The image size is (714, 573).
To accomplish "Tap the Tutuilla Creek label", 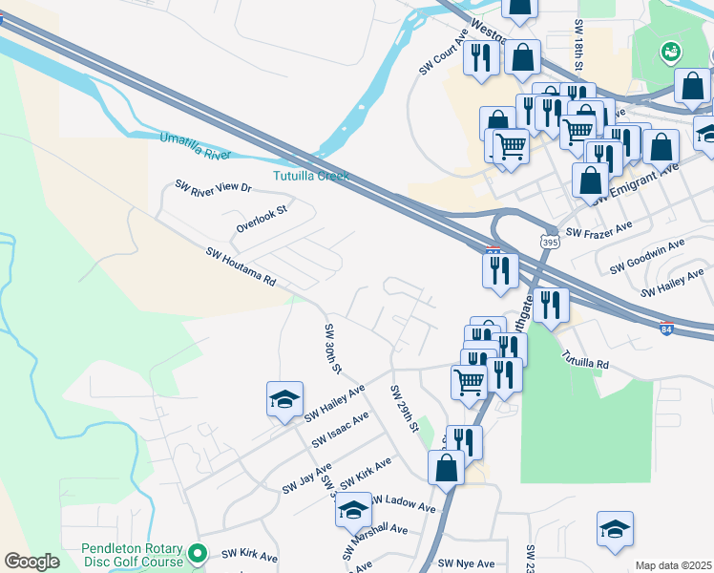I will pyautogui.click(x=311, y=176).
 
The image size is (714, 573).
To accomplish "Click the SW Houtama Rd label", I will pyautogui.click(x=241, y=267).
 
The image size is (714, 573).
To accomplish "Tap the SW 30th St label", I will pyautogui.click(x=333, y=349).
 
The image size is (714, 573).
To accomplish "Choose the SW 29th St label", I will pyautogui.click(x=405, y=408).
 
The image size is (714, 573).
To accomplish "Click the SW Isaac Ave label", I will pyautogui.click(x=341, y=430).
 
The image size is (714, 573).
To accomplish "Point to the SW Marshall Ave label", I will pyautogui.click(x=379, y=530).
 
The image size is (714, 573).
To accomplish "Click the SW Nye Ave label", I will pyautogui.click(x=467, y=563).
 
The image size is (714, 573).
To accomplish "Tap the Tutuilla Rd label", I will pyautogui.click(x=585, y=364).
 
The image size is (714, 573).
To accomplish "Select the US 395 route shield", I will pyautogui.click(x=549, y=244).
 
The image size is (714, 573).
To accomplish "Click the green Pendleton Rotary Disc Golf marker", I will pyautogui.click(x=198, y=552).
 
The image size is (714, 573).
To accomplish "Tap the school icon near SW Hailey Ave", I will pyautogui.click(x=284, y=400).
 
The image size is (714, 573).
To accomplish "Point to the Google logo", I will pyautogui.click(x=31, y=562).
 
